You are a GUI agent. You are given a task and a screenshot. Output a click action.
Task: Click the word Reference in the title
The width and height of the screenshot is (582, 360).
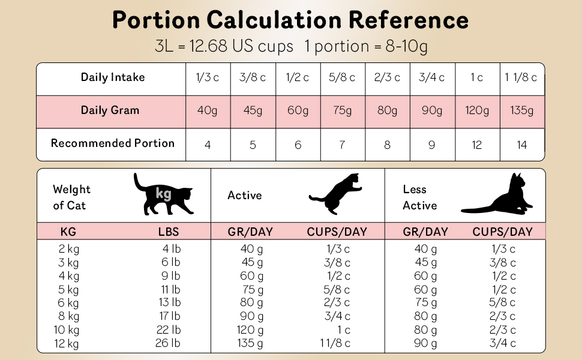point(409,20)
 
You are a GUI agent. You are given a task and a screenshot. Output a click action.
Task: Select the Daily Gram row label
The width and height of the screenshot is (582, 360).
point(110,110)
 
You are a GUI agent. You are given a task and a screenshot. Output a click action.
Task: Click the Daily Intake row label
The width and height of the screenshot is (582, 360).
point(113,77)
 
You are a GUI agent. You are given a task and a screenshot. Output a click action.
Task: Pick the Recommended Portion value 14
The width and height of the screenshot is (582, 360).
point(521,145)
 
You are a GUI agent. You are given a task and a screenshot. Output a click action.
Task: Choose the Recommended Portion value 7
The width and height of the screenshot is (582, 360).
point(343,145)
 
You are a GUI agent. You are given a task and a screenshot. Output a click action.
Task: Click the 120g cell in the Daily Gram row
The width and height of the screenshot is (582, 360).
point(477,111)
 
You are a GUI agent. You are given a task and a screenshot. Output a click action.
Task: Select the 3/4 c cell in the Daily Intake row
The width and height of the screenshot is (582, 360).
point(432,78)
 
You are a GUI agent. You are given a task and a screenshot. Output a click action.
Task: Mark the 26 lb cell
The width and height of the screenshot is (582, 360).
point(168,343)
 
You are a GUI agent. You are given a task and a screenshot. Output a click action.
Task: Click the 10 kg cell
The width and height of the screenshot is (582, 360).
point(67,329)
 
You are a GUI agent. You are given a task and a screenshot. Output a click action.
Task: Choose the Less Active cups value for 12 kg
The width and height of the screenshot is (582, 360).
point(503,343)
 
